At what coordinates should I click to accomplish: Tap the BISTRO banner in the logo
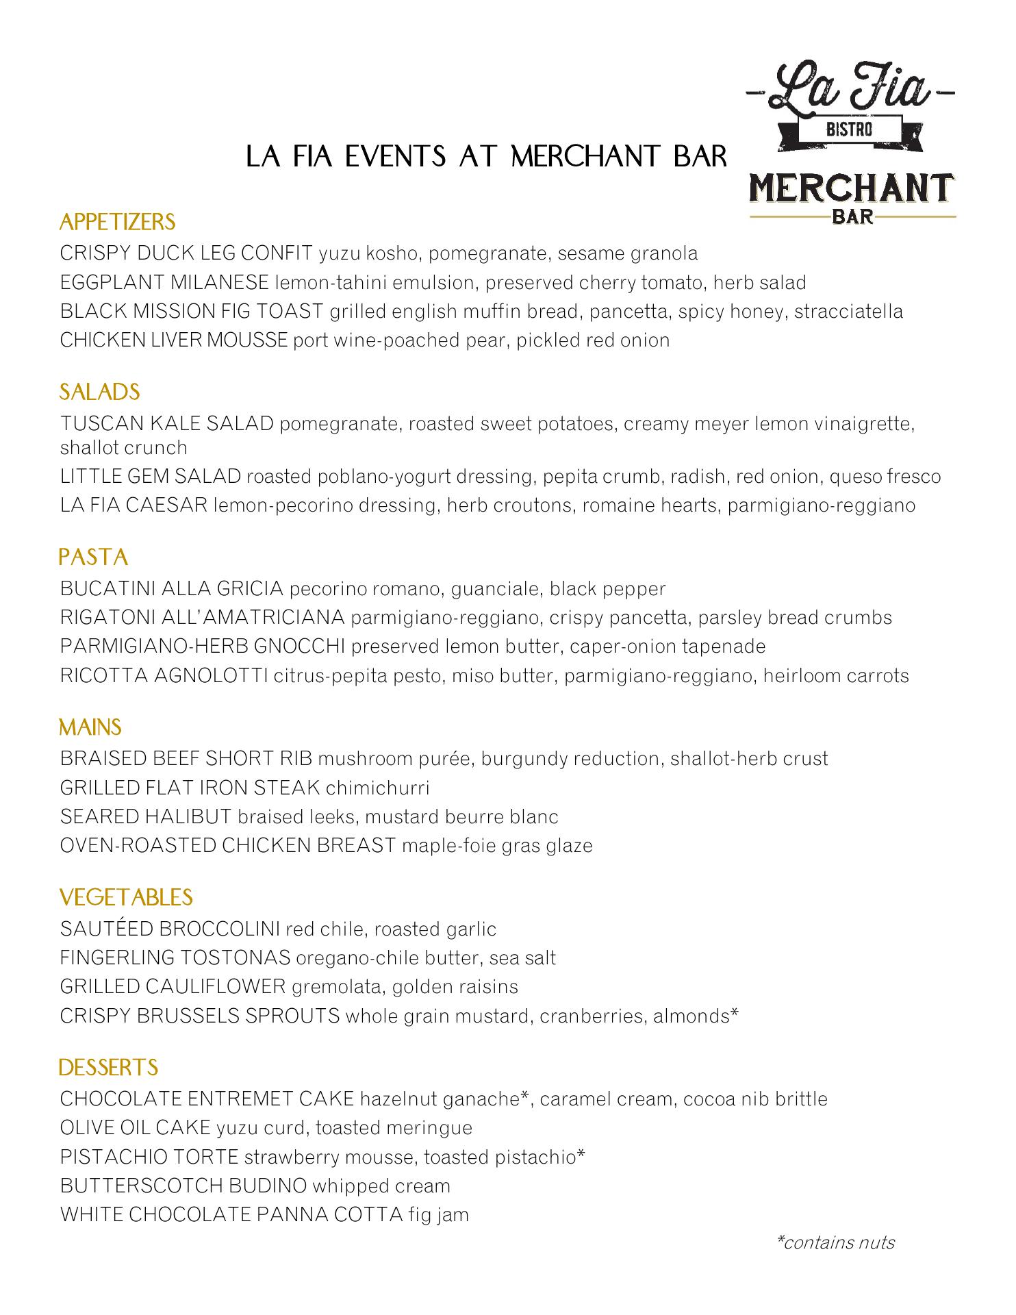tap(849, 128)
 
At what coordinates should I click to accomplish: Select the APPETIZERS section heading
tap(117, 222)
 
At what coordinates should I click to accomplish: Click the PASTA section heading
tap(94, 557)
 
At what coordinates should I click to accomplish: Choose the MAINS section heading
tap(90, 727)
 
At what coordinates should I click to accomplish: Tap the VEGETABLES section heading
tap(126, 897)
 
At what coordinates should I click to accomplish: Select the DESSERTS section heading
tap(108, 1067)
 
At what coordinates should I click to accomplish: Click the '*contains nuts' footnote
tap(835, 1242)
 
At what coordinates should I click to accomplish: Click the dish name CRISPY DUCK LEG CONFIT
tap(186, 253)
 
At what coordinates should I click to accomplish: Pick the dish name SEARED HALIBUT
tap(146, 816)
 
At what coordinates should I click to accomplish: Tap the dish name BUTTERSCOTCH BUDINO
tap(183, 1186)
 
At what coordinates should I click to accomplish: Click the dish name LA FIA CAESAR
tap(134, 505)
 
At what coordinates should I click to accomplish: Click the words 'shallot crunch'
tap(123, 448)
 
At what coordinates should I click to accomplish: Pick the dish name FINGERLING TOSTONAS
tap(175, 957)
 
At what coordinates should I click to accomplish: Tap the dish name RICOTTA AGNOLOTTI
tap(164, 676)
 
